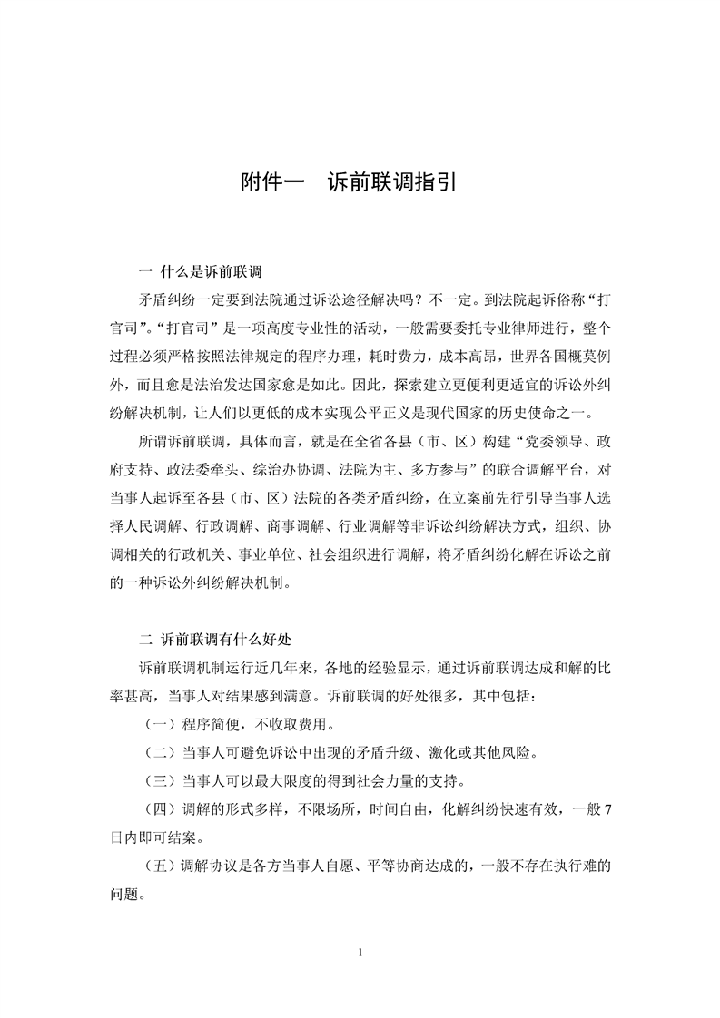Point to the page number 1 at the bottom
360,952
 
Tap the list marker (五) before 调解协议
161,866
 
